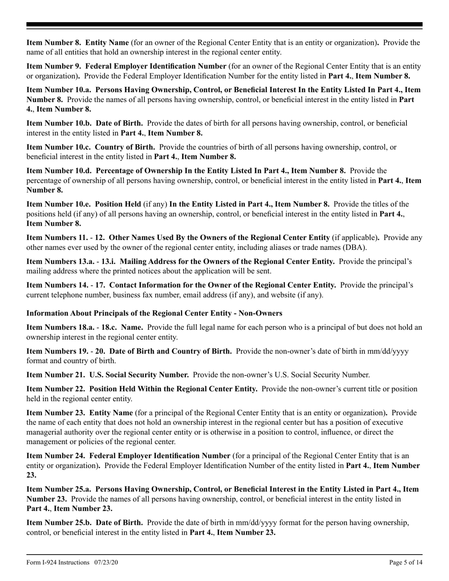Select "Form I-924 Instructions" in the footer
(x=58, y=563)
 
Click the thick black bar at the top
(x=224, y=25)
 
